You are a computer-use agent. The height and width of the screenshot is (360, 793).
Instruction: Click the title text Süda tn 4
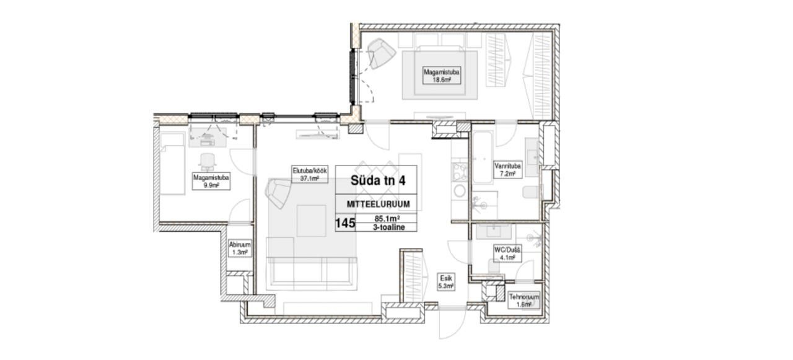(378, 180)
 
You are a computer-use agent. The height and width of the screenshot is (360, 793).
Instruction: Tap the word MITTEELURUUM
(378, 204)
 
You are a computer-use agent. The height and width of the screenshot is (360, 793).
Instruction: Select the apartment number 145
(345, 223)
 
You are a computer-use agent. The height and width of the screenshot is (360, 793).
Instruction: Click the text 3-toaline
(388, 227)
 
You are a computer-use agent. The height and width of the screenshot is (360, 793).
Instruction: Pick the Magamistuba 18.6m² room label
(442, 76)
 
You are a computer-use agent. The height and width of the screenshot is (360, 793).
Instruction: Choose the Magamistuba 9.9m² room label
(211, 181)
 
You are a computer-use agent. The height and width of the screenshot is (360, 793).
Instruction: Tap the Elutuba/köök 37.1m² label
(309, 174)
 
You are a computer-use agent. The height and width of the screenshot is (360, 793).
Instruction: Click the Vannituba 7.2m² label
(507, 170)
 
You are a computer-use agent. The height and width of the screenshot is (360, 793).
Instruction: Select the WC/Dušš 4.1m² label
(507, 254)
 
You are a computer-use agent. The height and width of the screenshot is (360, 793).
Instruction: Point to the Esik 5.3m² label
(445, 282)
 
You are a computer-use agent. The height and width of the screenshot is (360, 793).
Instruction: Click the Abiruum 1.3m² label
(240, 248)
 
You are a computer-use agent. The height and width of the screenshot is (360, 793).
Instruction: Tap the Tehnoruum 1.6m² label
(524, 301)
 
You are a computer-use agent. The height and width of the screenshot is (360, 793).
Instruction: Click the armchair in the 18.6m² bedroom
(380, 53)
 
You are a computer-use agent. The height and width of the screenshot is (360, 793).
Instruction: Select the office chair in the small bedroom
(208, 162)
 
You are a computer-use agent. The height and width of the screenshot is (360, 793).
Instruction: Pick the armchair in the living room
(279, 193)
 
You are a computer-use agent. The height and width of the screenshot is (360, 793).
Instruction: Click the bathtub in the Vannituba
(482, 157)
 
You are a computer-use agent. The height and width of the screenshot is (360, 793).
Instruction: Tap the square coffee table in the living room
(311, 221)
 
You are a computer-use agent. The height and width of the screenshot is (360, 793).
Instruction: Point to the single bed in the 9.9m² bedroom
(172, 164)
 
